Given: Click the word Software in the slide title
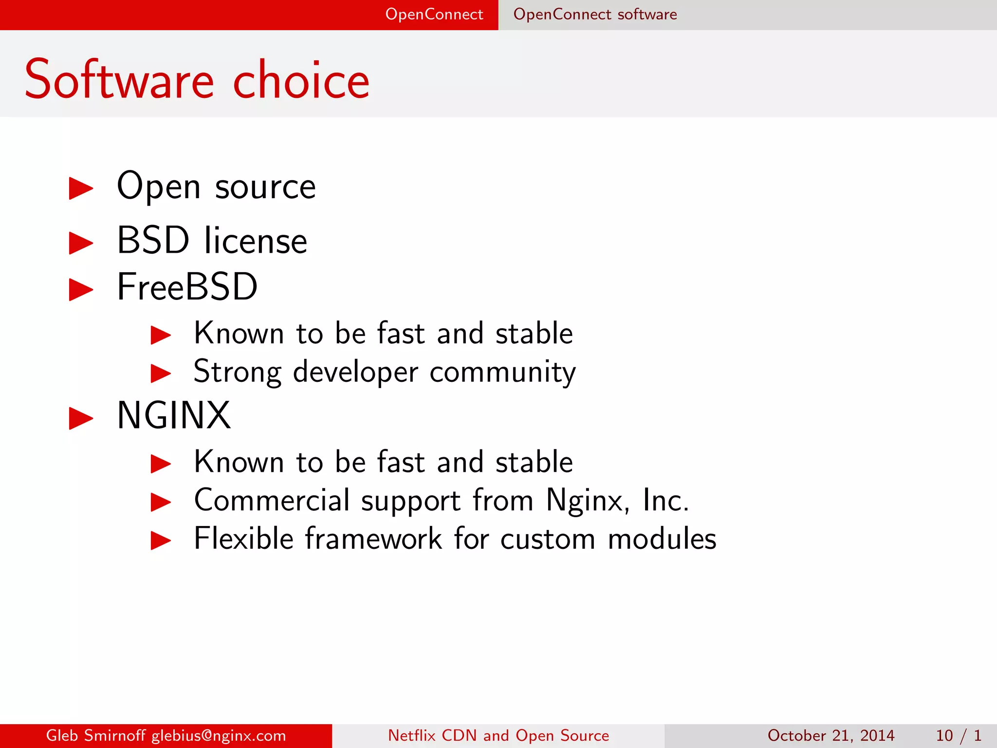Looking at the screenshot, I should tap(119, 80).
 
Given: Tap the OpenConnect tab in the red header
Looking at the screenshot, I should tap(434, 15).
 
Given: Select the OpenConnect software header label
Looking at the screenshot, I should tap(595, 15).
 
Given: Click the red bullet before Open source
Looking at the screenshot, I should tap(81, 188).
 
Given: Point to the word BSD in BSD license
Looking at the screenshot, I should tap(153, 241).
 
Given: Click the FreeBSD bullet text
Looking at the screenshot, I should tap(187, 287).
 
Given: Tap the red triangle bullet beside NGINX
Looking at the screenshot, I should tap(81, 418).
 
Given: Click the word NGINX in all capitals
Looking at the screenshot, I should tap(174, 416).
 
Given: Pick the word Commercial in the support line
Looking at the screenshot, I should tap(272, 501).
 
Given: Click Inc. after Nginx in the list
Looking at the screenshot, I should tap(665, 501).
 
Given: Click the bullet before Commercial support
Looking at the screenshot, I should tap(161, 502).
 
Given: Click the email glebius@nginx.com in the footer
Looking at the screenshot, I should tap(219, 735).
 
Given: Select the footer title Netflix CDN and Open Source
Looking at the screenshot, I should tap(498, 735).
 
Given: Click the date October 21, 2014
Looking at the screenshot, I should tap(831, 735).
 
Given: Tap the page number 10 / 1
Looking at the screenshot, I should tap(958, 735).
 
